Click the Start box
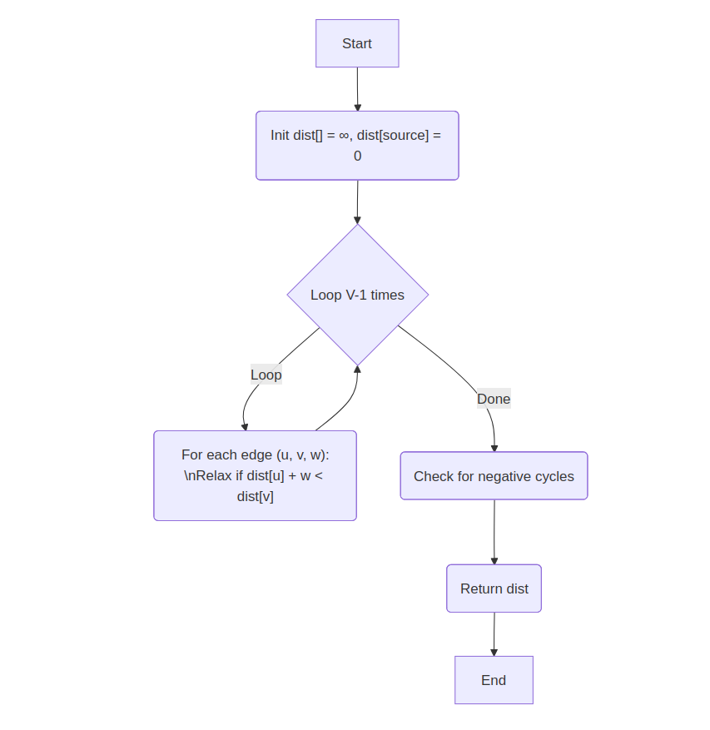pos(357,43)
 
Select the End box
pos(494,680)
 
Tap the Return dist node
pos(494,588)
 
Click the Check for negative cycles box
pos(494,476)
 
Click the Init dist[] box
pos(357,146)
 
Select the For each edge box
pos(255,475)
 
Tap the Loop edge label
pos(266,375)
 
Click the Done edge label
pos(494,399)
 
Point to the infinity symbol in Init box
pos(344,135)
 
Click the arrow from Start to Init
pos(358,89)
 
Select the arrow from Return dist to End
pos(494,634)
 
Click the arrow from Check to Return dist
pos(494,533)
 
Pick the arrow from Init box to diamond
pos(357,201)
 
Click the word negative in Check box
pos(505,476)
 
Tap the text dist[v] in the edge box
pos(255,497)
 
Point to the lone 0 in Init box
pos(358,156)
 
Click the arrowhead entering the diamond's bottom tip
pos(357,370)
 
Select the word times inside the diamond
pos(387,295)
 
